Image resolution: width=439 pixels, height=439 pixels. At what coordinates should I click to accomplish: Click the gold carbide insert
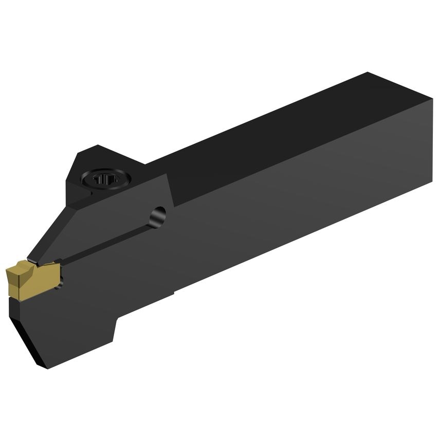31,278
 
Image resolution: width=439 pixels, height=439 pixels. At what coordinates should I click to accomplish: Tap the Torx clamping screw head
108,179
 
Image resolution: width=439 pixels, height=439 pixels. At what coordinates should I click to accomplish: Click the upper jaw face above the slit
103,216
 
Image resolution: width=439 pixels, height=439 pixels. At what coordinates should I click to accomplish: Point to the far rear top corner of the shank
368,73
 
